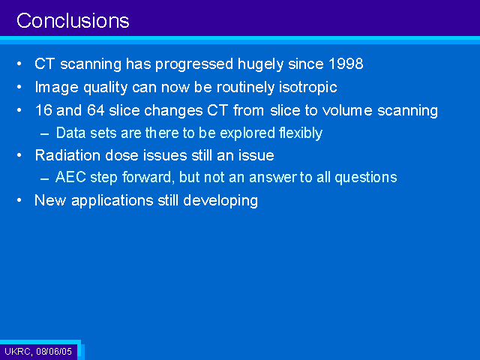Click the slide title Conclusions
[x=73, y=21]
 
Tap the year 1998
[x=346, y=64]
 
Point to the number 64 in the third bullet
[x=95, y=110]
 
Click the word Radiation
[x=68, y=155]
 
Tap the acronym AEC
[x=70, y=177]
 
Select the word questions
[x=366, y=178]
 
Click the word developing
[x=220, y=201]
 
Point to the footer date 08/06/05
[x=54, y=351]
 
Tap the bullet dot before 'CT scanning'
[x=19, y=64]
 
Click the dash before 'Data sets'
[x=45, y=134]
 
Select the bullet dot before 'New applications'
[x=19, y=200]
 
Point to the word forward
[x=148, y=178]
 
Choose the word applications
[x=112, y=201]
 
